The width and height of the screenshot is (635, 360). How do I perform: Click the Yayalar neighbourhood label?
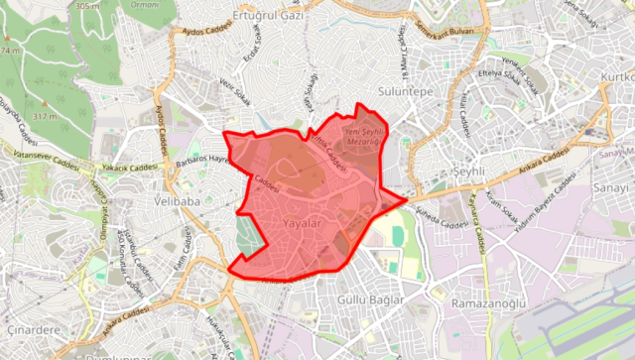(303, 225)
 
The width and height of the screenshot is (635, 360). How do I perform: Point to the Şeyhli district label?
(466, 172)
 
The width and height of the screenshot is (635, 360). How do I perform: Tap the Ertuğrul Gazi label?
(268, 17)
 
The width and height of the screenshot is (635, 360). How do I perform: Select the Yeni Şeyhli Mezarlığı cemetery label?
(362, 137)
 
